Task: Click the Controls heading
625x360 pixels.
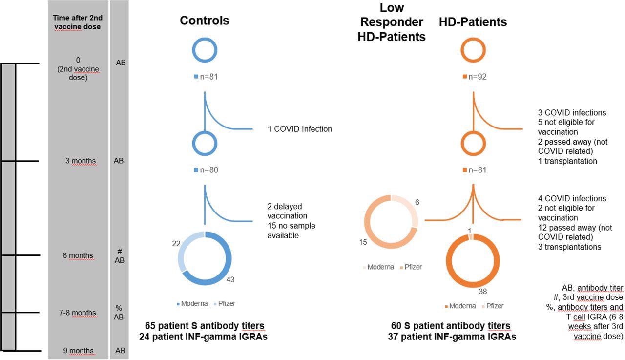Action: pyautogui.click(x=204, y=21)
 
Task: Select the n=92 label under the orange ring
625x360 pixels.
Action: pyautogui.click(x=475, y=77)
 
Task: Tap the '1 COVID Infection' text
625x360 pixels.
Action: pyautogui.click(x=299, y=129)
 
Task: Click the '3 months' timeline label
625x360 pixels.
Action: pyautogui.click(x=81, y=161)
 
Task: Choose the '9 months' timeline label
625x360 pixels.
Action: pyautogui.click(x=78, y=350)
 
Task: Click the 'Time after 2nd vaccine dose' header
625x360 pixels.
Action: pyautogui.click(x=78, y=22)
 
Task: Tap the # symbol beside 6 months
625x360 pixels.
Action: pyautogui.click(x=119, y=251)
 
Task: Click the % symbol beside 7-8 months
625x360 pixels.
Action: pyautogui.click(x=119, y=308)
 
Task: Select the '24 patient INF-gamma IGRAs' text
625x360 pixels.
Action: pyautogui.click(x=206, y=336)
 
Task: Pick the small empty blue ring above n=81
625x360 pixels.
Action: pyautogui.click(x=205, y=50)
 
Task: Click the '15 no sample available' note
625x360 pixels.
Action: pyautogui.click(x=291, y=231)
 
